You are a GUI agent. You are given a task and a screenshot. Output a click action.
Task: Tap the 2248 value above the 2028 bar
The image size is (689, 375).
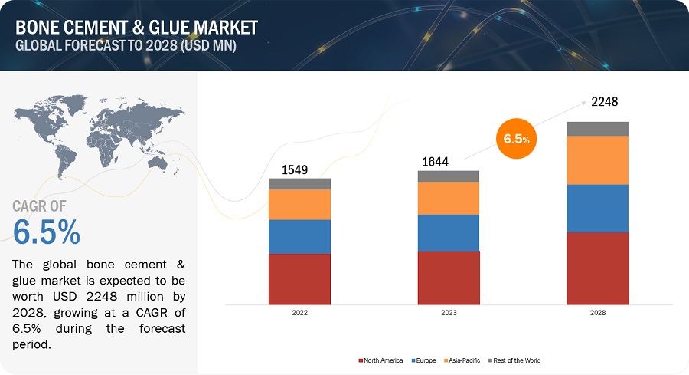604,102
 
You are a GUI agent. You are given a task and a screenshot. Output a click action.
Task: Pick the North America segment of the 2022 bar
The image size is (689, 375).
299,278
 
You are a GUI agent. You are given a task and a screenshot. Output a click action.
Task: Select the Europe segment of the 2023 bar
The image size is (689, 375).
448,232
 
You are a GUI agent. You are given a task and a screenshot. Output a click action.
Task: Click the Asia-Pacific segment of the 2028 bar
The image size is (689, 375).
597,160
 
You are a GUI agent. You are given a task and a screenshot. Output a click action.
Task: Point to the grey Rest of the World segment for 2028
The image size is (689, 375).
597,129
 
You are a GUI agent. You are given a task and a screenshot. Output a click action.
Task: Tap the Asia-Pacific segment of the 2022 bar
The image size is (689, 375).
299,205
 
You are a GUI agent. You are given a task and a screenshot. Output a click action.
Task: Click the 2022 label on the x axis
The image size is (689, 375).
299,314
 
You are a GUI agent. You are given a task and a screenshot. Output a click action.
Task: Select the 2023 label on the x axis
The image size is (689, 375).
449,314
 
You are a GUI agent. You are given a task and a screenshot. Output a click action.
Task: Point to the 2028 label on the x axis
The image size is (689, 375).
597,314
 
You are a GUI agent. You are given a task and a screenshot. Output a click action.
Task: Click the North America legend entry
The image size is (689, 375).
380,360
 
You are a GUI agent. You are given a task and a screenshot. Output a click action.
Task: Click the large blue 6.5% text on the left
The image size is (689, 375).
47,232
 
